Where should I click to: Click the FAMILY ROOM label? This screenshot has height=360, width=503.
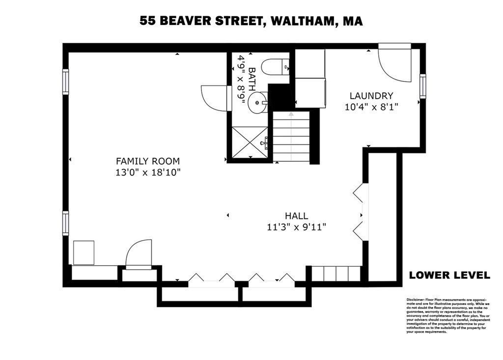click(147, 161)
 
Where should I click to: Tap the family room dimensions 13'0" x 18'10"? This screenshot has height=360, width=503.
click(147, 172)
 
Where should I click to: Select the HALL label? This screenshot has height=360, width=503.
click(296, 216)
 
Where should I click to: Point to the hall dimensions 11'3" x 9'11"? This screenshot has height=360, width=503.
click(296, 227)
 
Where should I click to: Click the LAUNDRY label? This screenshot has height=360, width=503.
click(371, 96)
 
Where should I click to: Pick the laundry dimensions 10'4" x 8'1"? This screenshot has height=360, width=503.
click(371, 107)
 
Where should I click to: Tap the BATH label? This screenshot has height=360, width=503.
click(252, 78)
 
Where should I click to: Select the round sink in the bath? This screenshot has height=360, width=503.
click(257, 103)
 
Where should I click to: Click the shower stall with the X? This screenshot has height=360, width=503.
click(250, 142)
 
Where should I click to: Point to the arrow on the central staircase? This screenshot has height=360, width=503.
click(291, 114)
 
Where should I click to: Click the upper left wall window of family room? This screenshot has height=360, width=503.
click(65, 81)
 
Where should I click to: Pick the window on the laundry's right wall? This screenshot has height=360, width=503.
click(422, 86)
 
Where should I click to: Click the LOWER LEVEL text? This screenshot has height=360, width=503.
click(449, 276)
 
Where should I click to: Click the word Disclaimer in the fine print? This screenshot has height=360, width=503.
click(415, 299)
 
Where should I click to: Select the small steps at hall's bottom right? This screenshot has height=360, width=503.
click(336, 273)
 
